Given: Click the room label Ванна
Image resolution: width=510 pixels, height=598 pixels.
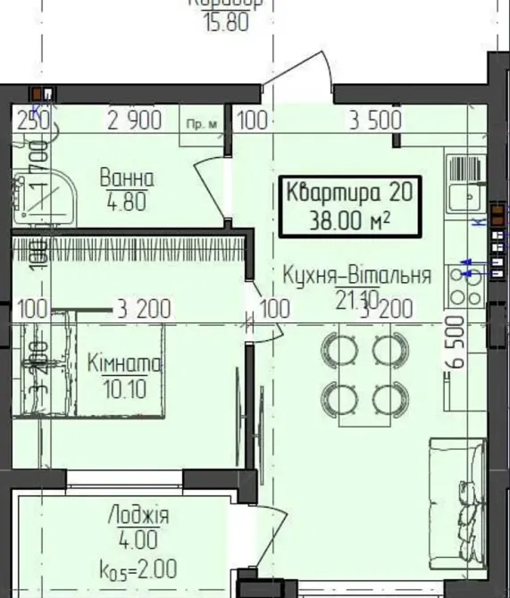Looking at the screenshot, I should click(x=127, y=178).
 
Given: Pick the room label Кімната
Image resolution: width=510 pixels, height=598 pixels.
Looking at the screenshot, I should click(x=124, y=363).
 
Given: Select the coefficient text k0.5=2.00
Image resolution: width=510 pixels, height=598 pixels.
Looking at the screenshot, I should click(x=138, y=568).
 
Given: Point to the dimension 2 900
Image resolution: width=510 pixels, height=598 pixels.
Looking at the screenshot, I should click(x=135, y=120).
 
